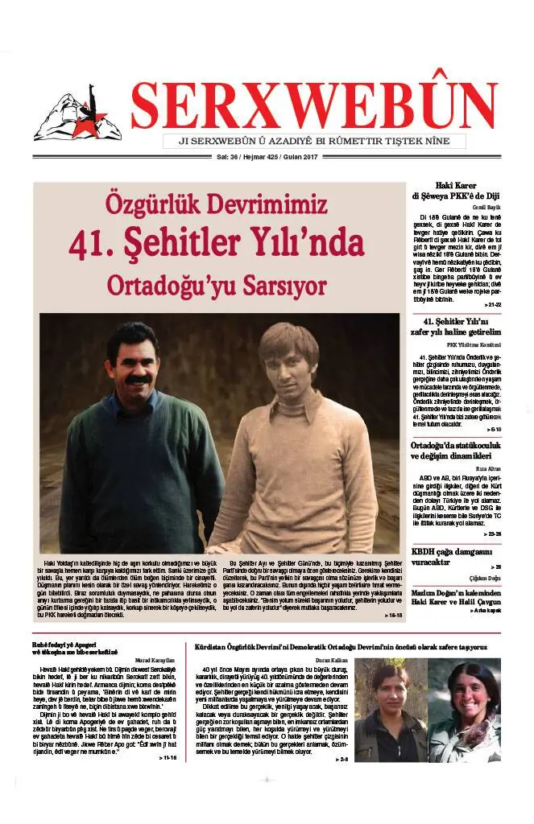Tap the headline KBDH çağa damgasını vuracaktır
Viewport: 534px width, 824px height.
(x=451, y=557)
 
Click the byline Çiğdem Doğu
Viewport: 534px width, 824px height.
(x=485, y=579)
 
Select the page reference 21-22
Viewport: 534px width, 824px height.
(x=493, y=305)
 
